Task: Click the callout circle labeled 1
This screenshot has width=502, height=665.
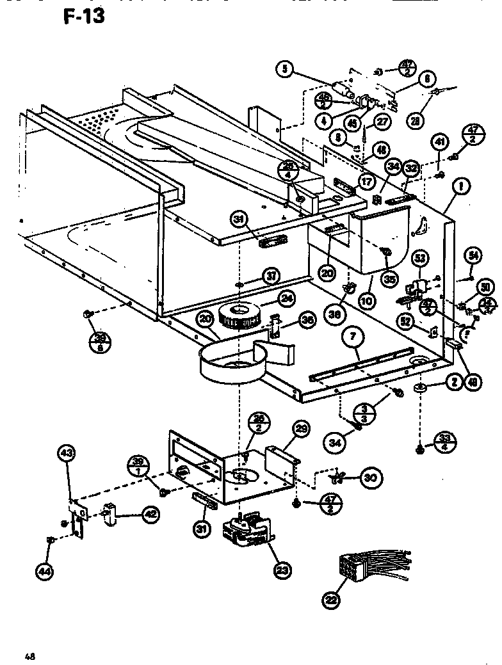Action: (x=461, y=187)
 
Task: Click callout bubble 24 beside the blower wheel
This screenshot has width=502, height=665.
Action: (x=286, y=299)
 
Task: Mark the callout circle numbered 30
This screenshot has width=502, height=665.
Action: (x=369, y=477)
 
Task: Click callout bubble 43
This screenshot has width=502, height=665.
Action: (x=66, y=453)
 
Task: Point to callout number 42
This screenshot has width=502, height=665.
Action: (x=149, y=513)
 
